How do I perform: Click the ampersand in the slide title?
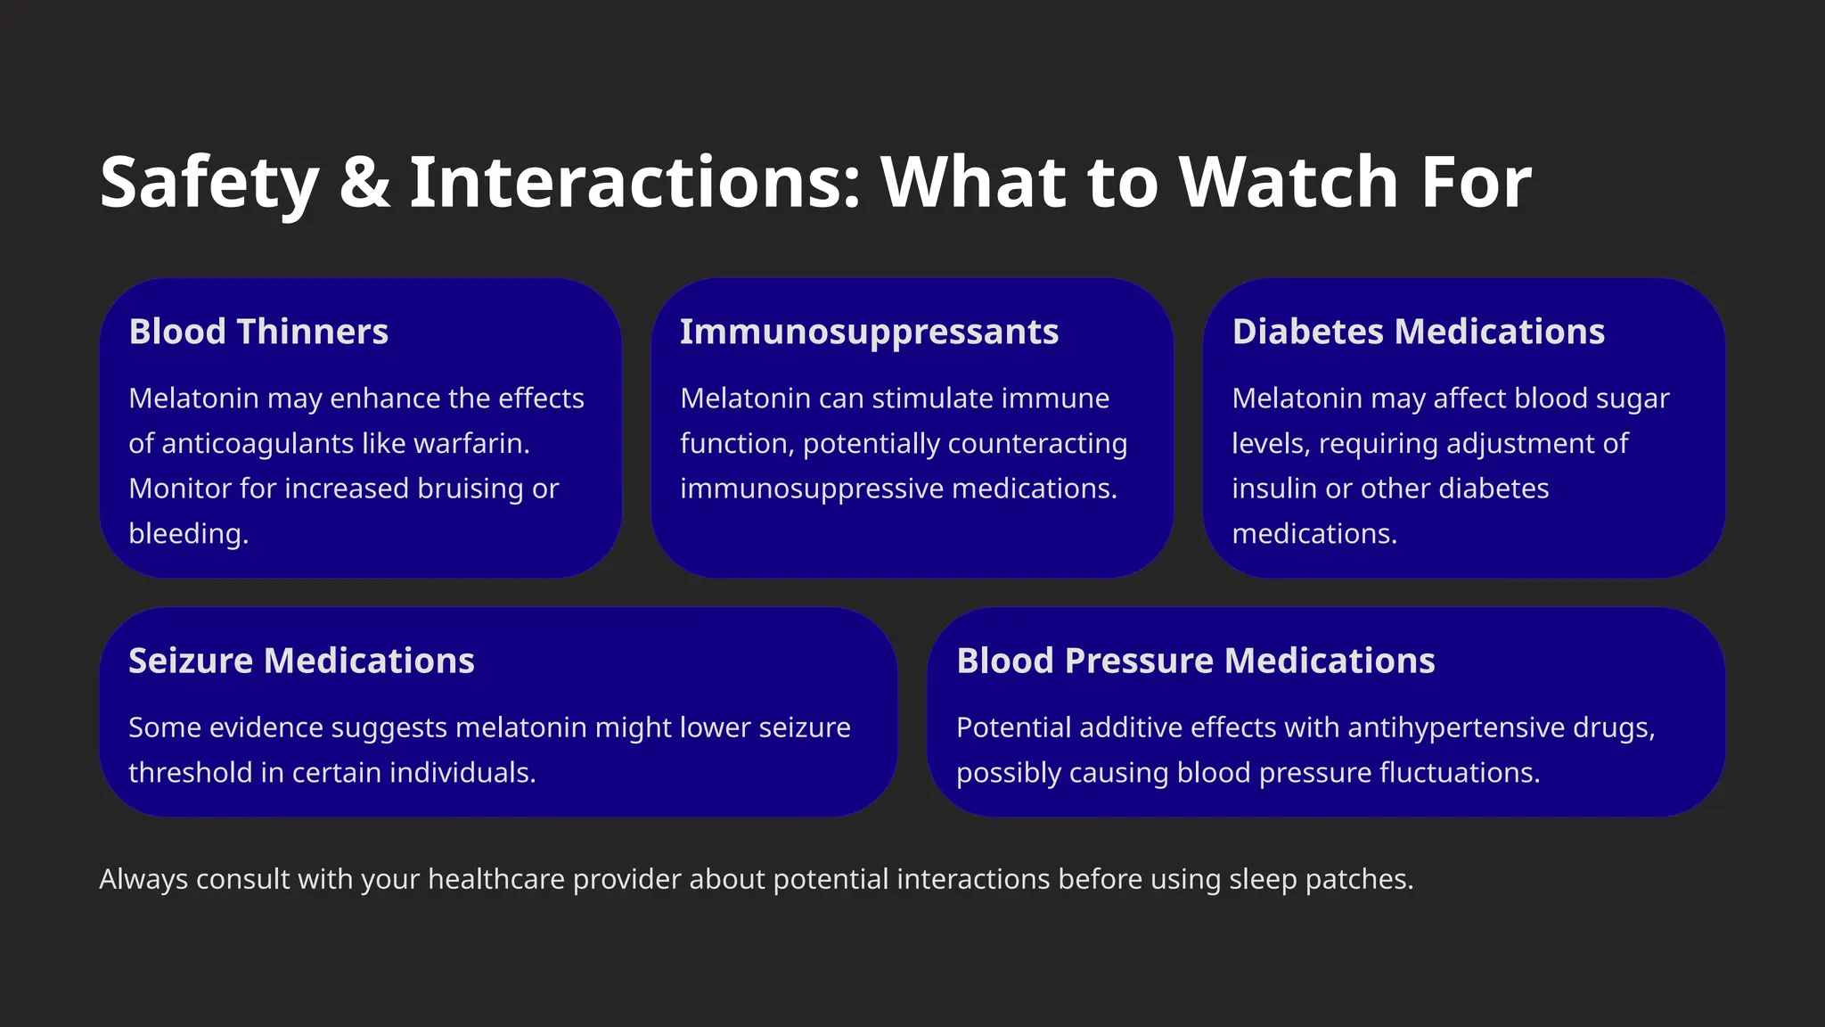pyautogui.click(x=365, y=183)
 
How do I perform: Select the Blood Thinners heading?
pyautogui.click(x=258, y=332)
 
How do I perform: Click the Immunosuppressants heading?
pyautogui.click(x=869, y=332)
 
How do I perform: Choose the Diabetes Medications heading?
pyautogui.click(x=1418, y=332)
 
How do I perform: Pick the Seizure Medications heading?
pyautogui.click(x=301, y=661)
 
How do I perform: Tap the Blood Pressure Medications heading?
pyautogui.click(x=1195, y=661)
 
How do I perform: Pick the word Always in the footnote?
pyautogui.click(x=143, y=879)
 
